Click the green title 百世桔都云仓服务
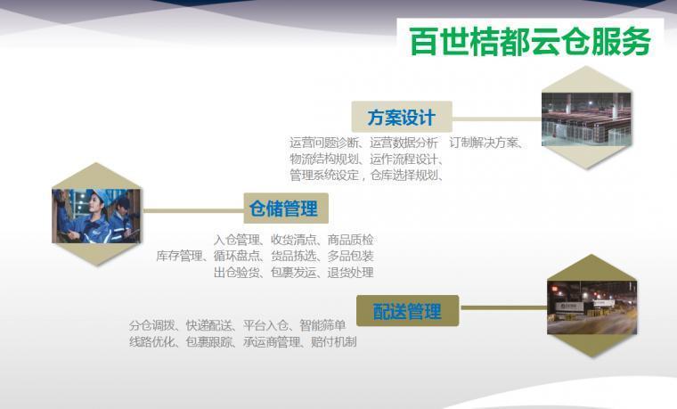pyautogui.click(x=530, y=42)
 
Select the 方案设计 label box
pyautogui.click(x=402, y=117)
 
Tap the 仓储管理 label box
pyautogui.click(x=286, y=209)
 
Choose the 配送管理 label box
pyautogui.click(x=408, y=310)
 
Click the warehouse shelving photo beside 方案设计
pyautogui.click(x=586, y=119)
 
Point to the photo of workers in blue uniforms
pyautogui.click(x=96, y=216)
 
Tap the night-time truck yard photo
pyautogui.click(x=592, y=307)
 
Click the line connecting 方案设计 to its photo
pyautogui.click(x=497, y=119)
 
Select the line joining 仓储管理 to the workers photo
pyautogui.click(x=192, y=211)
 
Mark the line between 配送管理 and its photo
pyautogui.click(x=503, y=308)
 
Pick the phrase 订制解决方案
pyautogui.click(x=483, y=143)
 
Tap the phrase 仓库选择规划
pyautogui.click(x=404, y=176)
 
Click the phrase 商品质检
pyautogui.click(x=350, y=240)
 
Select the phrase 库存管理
pyautogui.click(x=179, y=256)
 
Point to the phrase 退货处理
pyautogui.click(x=350, y=273)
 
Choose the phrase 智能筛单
pyautogui.click(x=322, y=325)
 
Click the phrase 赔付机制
pyautogui.click(x=334, y=342)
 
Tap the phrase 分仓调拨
pyautogui.click(x=152, y=325)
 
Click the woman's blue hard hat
pyautogui.click(x=102, y=195)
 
